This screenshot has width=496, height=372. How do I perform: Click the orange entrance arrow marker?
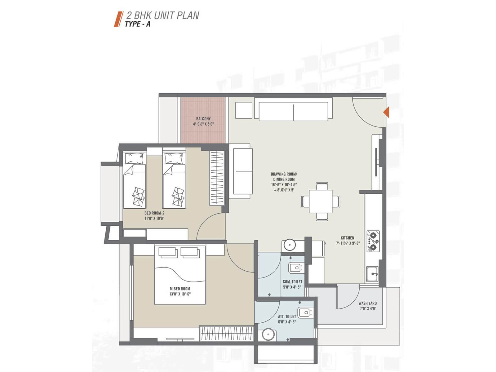(386, 112)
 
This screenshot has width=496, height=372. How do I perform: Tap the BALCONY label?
(203, 119)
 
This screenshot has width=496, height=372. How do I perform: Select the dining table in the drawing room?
(321, 201)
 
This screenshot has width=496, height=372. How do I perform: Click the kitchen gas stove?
(373, 241)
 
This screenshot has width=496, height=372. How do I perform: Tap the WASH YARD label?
(367, 303)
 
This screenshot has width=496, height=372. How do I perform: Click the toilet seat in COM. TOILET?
(296, 268)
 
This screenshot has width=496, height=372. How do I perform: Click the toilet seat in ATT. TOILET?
(305, 313)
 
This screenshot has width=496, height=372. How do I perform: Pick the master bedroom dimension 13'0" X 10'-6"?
(180, 294)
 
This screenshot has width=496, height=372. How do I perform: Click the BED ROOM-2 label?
(154, 213)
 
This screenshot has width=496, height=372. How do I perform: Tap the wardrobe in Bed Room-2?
(217, 178)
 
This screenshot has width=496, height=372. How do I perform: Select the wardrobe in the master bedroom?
(227, 334)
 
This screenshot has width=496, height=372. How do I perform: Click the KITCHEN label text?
(347, 238)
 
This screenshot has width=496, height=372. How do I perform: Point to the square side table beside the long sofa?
(244, 110)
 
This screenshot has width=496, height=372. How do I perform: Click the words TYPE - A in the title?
(137, 24)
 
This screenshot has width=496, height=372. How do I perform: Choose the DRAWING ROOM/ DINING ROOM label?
(284, 177)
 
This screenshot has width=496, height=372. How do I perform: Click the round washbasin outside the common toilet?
(289, 245)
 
